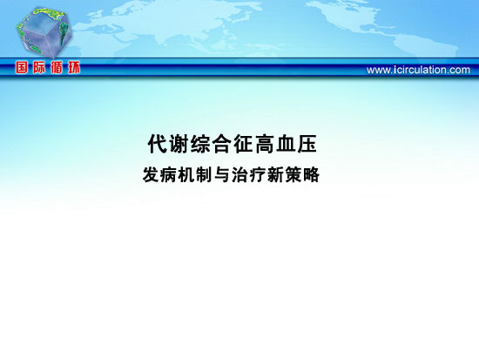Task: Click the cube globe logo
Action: [44, 32]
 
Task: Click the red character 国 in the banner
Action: [22, 67]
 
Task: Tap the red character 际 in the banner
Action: [39, 67]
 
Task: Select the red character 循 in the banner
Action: [57, 67]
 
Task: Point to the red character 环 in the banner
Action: [74, 67]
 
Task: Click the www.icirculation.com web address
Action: [418, 70]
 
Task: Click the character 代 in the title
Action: [158, 144]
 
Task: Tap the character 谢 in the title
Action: [179, 144]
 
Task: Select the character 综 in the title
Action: [200, 144]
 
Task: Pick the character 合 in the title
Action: [222, 144]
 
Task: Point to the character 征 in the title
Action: [243, 144]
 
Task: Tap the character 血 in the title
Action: [286, 144]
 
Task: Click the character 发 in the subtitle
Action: [151, 174]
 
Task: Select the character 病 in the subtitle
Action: [168, 174]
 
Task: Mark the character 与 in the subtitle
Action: [222, 174]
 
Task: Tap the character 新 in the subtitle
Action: [275, 174]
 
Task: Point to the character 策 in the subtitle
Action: [293, 174]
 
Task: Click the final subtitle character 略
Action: [311, 174]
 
